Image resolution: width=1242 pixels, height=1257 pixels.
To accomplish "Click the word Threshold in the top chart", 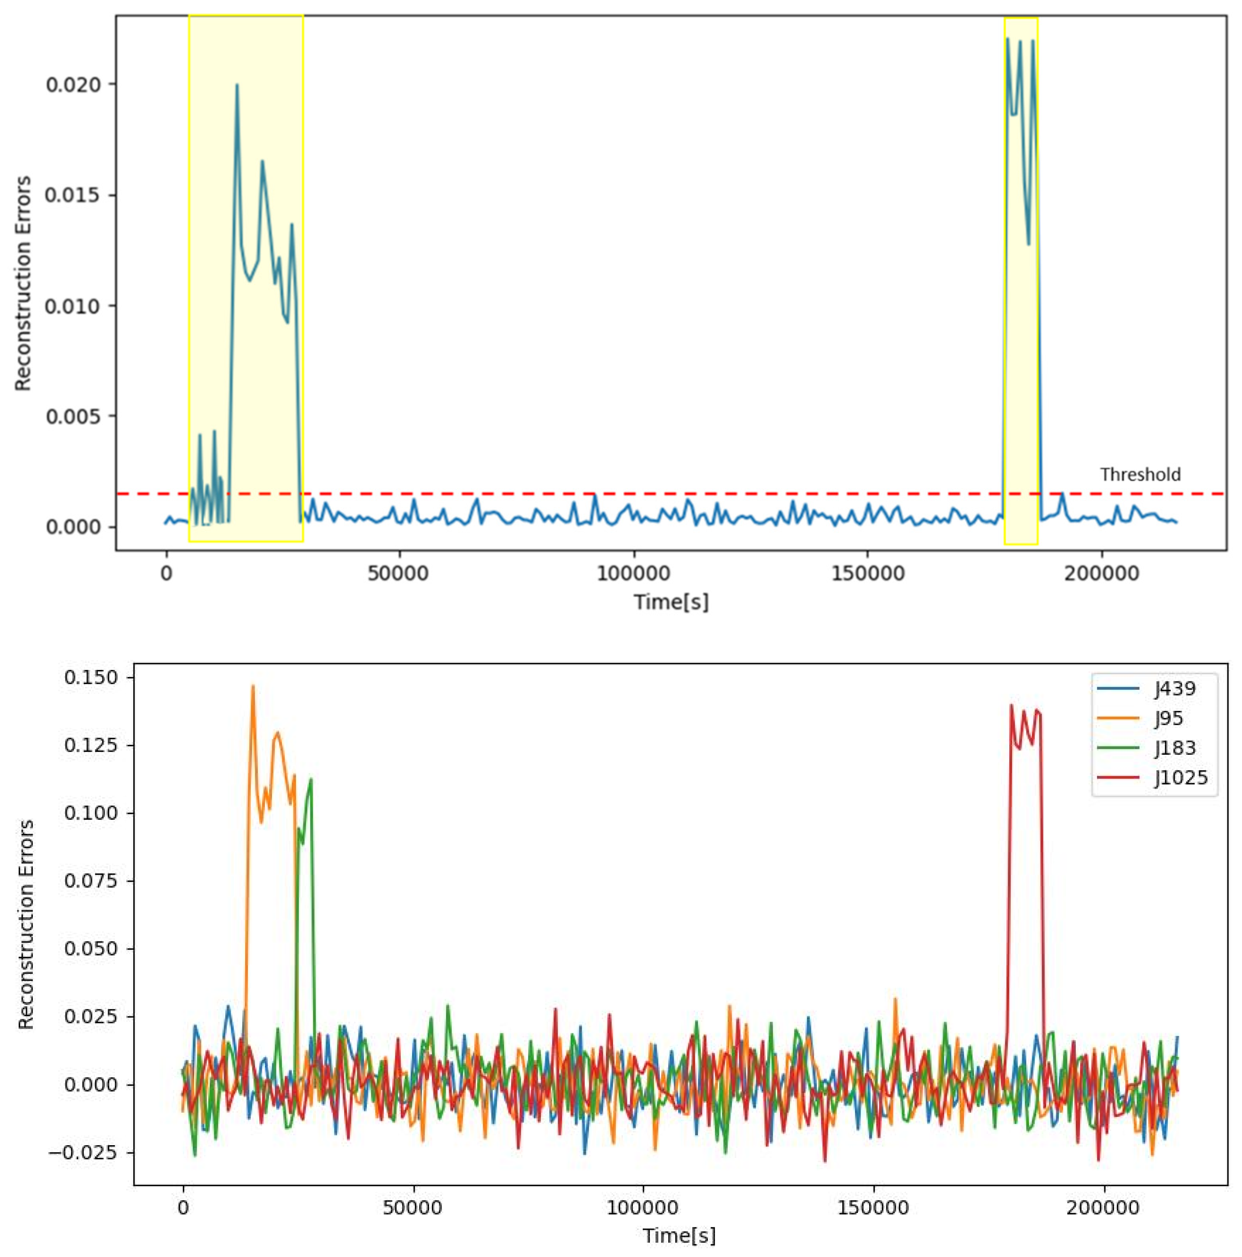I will (x=1140, y=475).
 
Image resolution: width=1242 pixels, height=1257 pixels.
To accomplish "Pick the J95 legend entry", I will (x=1169, y=718).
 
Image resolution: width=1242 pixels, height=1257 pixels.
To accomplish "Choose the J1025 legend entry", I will (x=1181, y=777).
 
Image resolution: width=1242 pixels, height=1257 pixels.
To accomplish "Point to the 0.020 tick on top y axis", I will (x=73, y=84).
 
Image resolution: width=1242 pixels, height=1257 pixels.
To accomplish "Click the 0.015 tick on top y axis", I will (x=73, y=195).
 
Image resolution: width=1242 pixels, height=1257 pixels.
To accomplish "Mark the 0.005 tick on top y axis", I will (x=73, y=416).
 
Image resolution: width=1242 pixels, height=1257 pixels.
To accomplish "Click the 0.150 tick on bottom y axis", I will (x=91, y=678).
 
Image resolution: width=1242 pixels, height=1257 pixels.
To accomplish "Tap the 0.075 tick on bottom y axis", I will (x=91, y=881).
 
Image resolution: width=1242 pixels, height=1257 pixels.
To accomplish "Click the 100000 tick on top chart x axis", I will (x=633, y=574).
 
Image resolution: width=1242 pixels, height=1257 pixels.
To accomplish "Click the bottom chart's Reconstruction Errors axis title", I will (x=26, y=924).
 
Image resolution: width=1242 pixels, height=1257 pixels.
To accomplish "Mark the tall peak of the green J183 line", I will (x=311, y=779).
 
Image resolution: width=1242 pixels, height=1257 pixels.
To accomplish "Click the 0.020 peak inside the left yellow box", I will (x=237, y=84).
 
